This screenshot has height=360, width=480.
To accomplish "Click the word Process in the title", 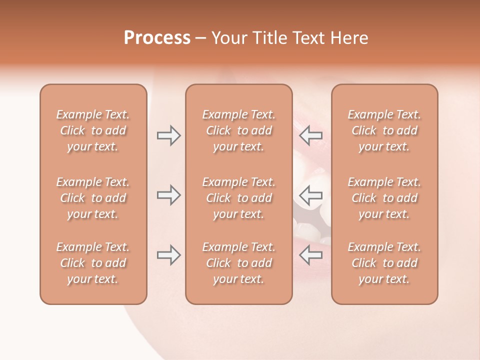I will tap(157, 38).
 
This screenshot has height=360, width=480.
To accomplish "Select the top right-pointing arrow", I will tap(168, 135).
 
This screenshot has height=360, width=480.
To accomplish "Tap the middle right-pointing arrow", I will tap(168, 195).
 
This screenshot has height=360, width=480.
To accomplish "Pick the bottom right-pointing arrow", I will tap(168, 255).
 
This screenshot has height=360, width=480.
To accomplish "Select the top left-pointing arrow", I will tap(311, 135).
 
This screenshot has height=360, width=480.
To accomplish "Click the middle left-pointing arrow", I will tap(311, 195).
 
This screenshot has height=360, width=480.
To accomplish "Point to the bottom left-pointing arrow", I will tap(311, 255).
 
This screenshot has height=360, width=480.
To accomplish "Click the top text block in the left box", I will tap(93, 130).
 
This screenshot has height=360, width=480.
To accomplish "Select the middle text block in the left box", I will tap(93, 198).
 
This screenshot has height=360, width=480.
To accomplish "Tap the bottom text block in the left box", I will tap(93, 263).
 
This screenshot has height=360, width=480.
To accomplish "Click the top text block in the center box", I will tap(239, 130).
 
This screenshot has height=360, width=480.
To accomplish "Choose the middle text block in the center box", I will tap(239, 198).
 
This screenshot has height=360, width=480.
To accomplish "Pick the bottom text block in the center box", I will tap(239, 263).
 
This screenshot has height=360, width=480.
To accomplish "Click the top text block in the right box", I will tap(384, 130).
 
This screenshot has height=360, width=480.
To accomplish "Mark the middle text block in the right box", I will tap(384, 198).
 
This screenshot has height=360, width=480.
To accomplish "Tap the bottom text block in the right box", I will tap(384, 263).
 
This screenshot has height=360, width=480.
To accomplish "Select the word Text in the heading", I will tap(306, 38).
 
